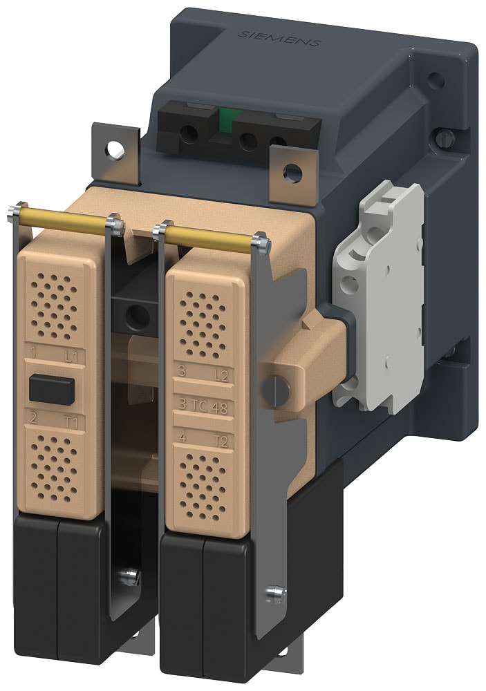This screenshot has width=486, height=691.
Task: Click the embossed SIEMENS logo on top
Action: [x=279, y=38]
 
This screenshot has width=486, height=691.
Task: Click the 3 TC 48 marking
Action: [x=205, y=406]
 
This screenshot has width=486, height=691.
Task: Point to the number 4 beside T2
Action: [x=183, y=435]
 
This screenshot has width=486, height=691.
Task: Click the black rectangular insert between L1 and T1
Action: [x=52, y=390]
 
